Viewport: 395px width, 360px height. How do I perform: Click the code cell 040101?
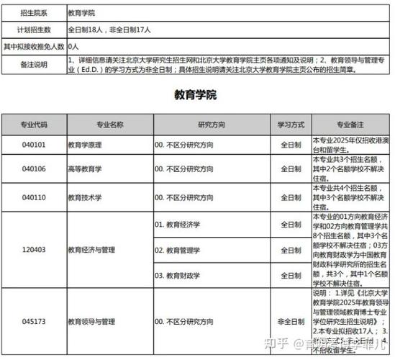point(34,145)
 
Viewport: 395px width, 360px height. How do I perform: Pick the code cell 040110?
point(34,197)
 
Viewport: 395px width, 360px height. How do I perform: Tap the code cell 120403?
point(34,251)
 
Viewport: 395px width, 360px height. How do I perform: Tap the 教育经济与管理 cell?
point(91,251)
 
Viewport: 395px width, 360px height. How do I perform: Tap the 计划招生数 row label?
point(34,31)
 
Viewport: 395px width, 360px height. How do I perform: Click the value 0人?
point(73,46)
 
